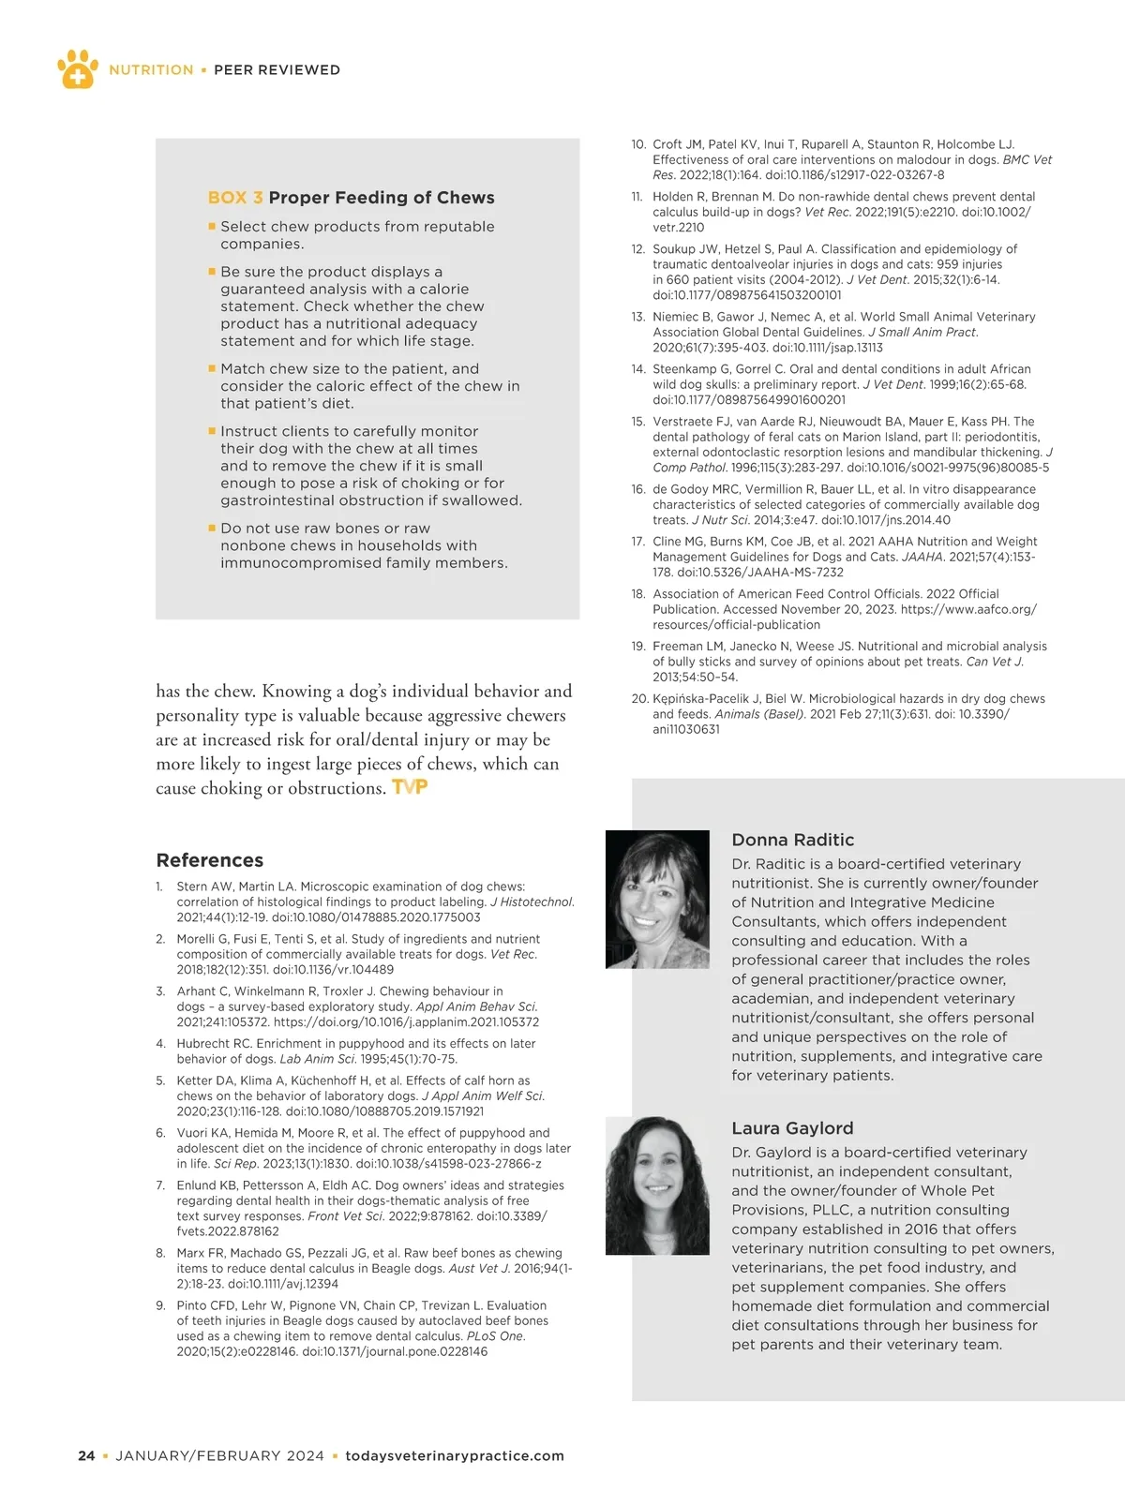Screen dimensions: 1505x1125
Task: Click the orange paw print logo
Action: pos(78,68)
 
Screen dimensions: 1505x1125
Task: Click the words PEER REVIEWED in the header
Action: pos(277,70)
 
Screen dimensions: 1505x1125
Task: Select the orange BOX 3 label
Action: pos(234,198)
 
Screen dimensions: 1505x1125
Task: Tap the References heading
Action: pos(210,860)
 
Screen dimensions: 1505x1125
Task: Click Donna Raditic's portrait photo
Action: pos(657,900)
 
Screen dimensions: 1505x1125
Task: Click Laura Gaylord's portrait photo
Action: pos(657,1185)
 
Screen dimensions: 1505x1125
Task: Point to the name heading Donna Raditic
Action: pos(792,840)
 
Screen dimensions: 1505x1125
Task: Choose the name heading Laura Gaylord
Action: pos(792,1128)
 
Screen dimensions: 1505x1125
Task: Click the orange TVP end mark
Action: pos(410,787)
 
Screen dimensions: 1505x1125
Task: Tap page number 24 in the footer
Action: pos(86,1456)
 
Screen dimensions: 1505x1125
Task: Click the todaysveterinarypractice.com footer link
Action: pos(455,1456)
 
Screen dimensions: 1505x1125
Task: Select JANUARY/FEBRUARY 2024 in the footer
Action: pos(219,1456)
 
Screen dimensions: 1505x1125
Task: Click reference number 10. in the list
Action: pos(638,144)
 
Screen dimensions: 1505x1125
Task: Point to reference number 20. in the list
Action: pos(639,699)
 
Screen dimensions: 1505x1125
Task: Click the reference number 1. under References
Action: pos(159,887)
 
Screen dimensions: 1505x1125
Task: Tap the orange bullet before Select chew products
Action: pos(212,226)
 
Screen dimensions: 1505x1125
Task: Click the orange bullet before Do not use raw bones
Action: pos(212,528)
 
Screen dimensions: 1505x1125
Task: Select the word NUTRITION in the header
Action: pos(151,70)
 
